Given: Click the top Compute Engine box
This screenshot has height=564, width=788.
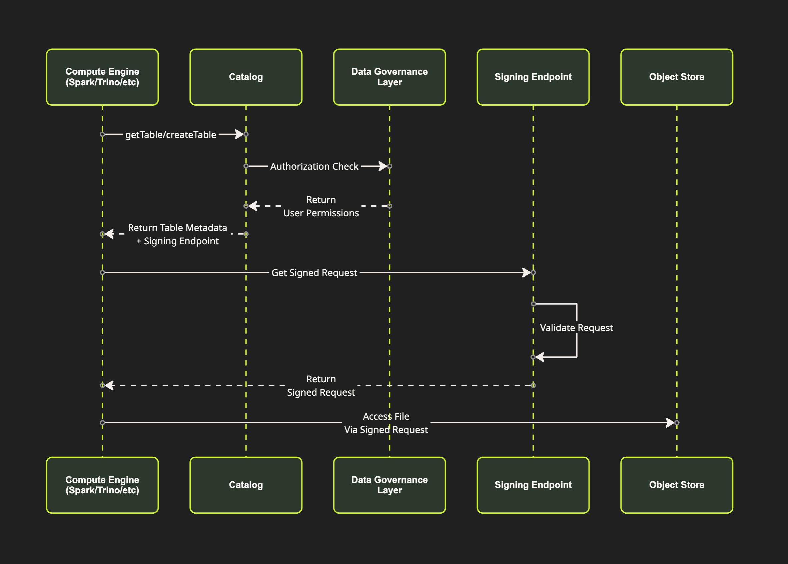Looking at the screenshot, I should click(x=102, y=77).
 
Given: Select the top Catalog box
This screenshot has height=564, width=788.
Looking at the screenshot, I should click(x=246, y=77).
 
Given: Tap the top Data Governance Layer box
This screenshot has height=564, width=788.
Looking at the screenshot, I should click(x=389, y=77).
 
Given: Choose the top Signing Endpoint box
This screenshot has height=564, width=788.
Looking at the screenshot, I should click(x=533, y=77).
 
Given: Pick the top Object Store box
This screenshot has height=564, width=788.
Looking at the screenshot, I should click(x=676, y=77).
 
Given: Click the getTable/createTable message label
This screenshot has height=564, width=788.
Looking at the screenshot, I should click(x=171, y=134).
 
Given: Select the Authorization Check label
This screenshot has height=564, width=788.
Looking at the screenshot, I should click(x=314, y=166).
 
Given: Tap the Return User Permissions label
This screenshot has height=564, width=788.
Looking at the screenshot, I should click(x=321, y=206).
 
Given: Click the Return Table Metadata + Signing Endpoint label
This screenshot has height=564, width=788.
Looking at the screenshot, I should click(x=177, y=234).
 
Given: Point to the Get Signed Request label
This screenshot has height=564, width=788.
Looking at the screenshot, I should click(x=314, y=273).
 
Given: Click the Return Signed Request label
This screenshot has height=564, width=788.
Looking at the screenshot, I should click(x=321, y=385).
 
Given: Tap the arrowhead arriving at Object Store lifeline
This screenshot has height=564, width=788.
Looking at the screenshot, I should click(x=670, y=423).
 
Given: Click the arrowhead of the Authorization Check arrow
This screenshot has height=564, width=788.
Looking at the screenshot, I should click(x=382, y=166).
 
